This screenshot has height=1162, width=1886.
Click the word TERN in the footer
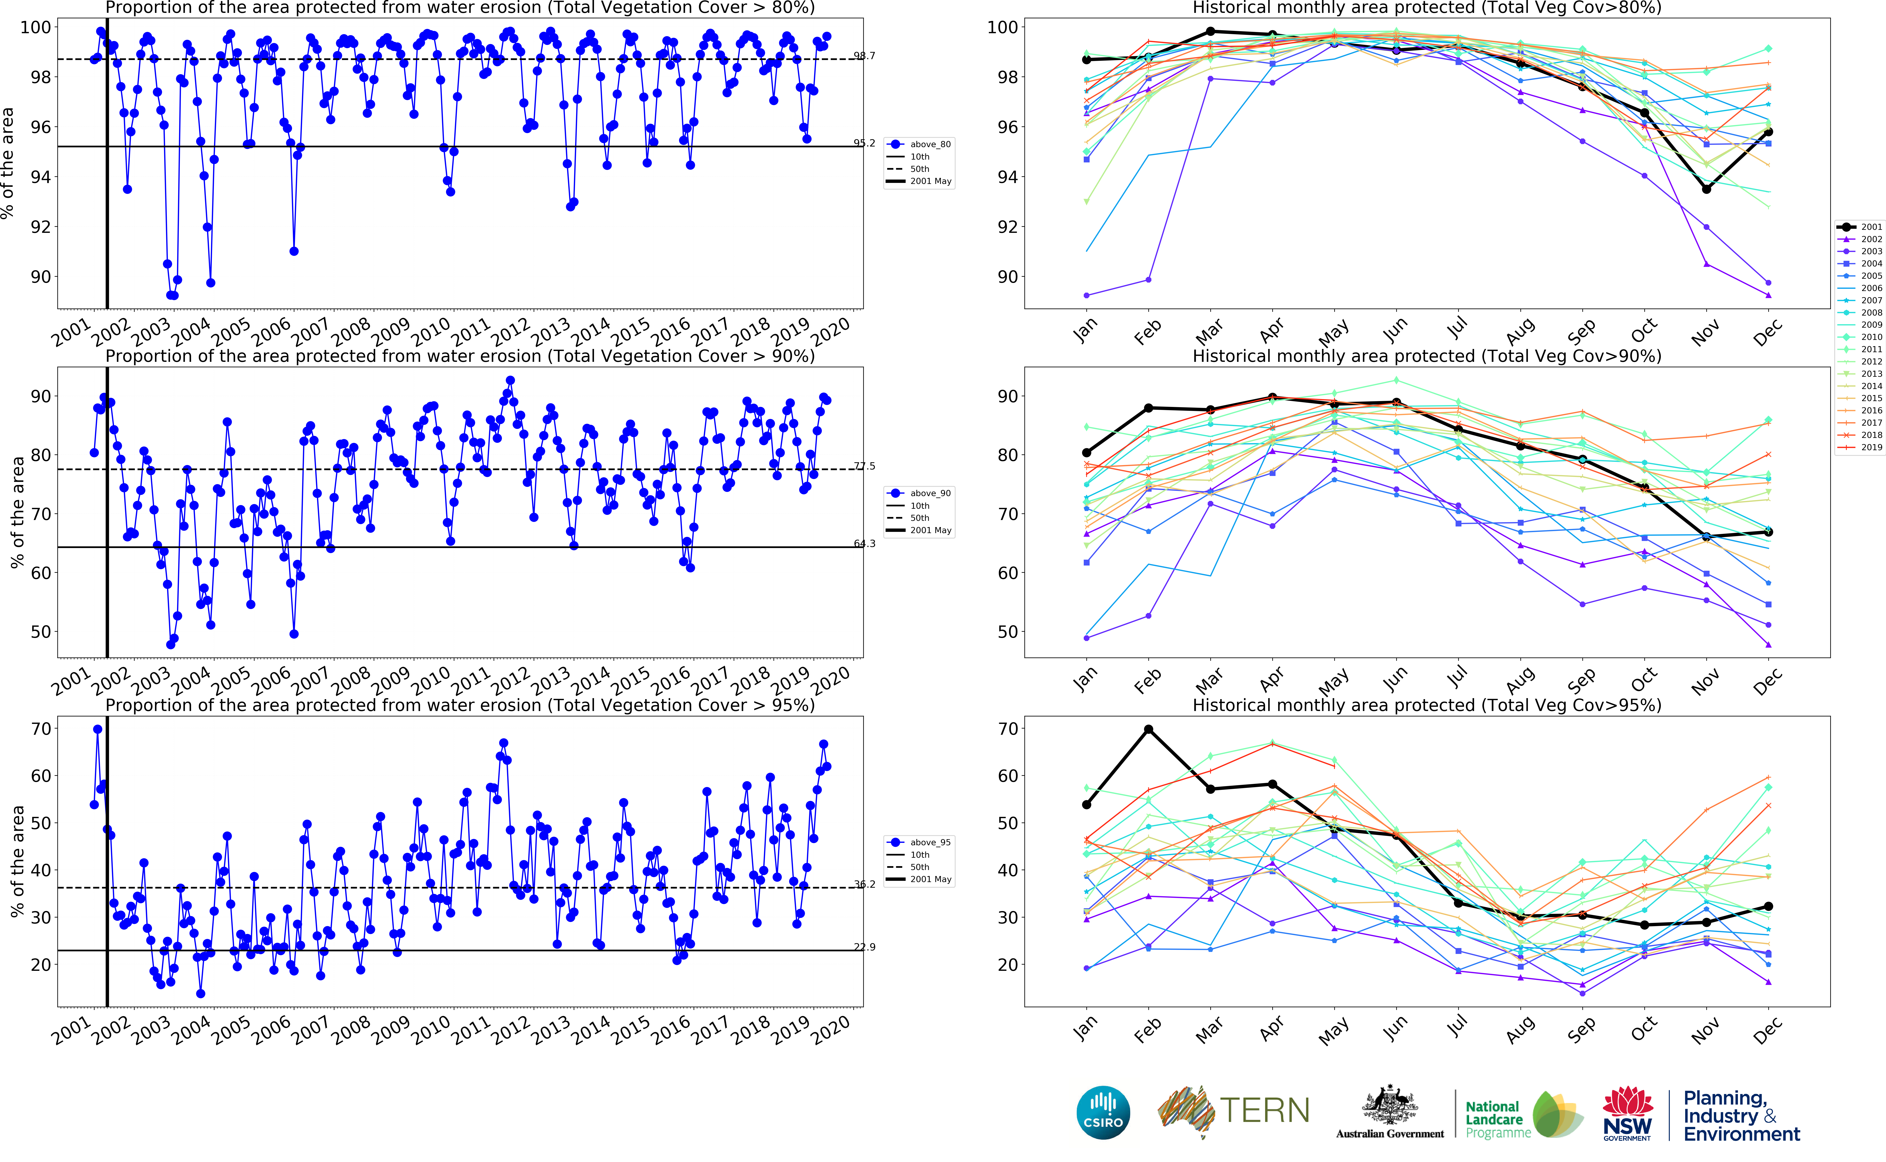[x=1264, y=1110]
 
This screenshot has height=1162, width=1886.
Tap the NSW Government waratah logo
[x=1627, y=1112]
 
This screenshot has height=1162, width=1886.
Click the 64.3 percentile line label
[x=864, y=543]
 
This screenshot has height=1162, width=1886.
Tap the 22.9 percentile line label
[x=864, y=947]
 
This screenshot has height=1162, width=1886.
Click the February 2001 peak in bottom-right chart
[x=1149, y=729]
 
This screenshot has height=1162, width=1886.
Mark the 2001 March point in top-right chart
[x=1211, y=32]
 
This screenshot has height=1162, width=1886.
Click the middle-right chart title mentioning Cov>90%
[x=1427, y=356]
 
